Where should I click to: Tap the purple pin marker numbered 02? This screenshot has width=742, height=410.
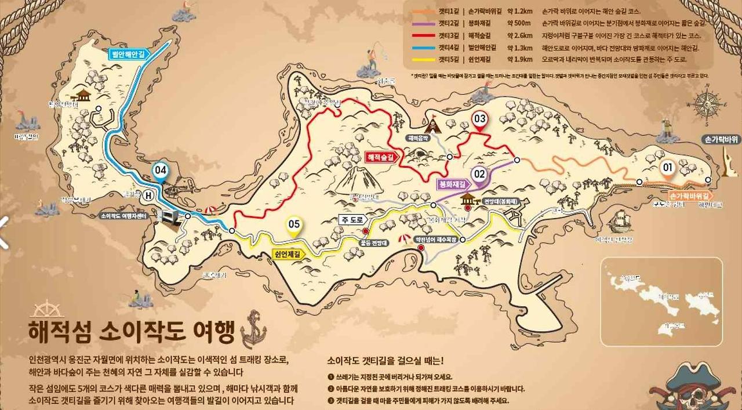pos(479,173)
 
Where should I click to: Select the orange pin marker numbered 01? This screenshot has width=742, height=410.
pos(667,168)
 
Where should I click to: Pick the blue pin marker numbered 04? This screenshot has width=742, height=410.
pos(161,170)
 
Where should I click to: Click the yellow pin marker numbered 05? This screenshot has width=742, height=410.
pos(294,224)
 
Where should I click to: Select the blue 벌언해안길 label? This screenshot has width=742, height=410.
pos(128,53)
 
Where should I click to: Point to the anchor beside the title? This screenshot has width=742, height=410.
pos(253,329)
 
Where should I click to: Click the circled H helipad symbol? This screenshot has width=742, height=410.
pos(149,195)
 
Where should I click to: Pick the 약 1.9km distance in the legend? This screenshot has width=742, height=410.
pos(519,59)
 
